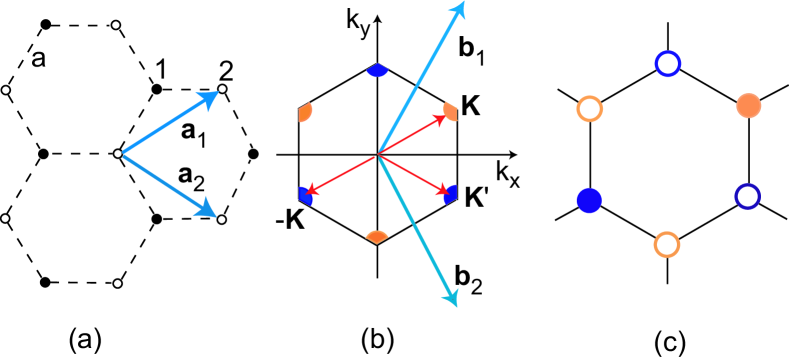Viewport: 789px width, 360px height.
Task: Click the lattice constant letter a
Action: click(x=38, y=59)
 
